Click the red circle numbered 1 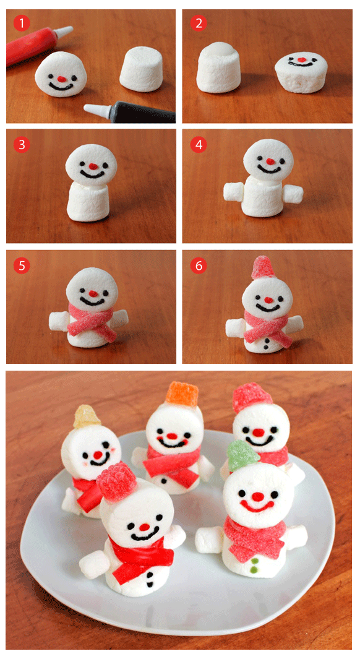[x=22, y=23]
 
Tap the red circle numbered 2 [x=199, y=23]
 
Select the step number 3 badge [x=22, y=145]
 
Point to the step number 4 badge [x=199, y=145]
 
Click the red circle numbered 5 [x=22, y=265]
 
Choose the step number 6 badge [x=199, y=265]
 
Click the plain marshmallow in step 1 [x=141, y=69]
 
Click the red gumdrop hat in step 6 [x=264, y=268]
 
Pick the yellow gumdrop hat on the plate [x=87, y=416]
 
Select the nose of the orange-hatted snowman [x=171, y=436]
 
